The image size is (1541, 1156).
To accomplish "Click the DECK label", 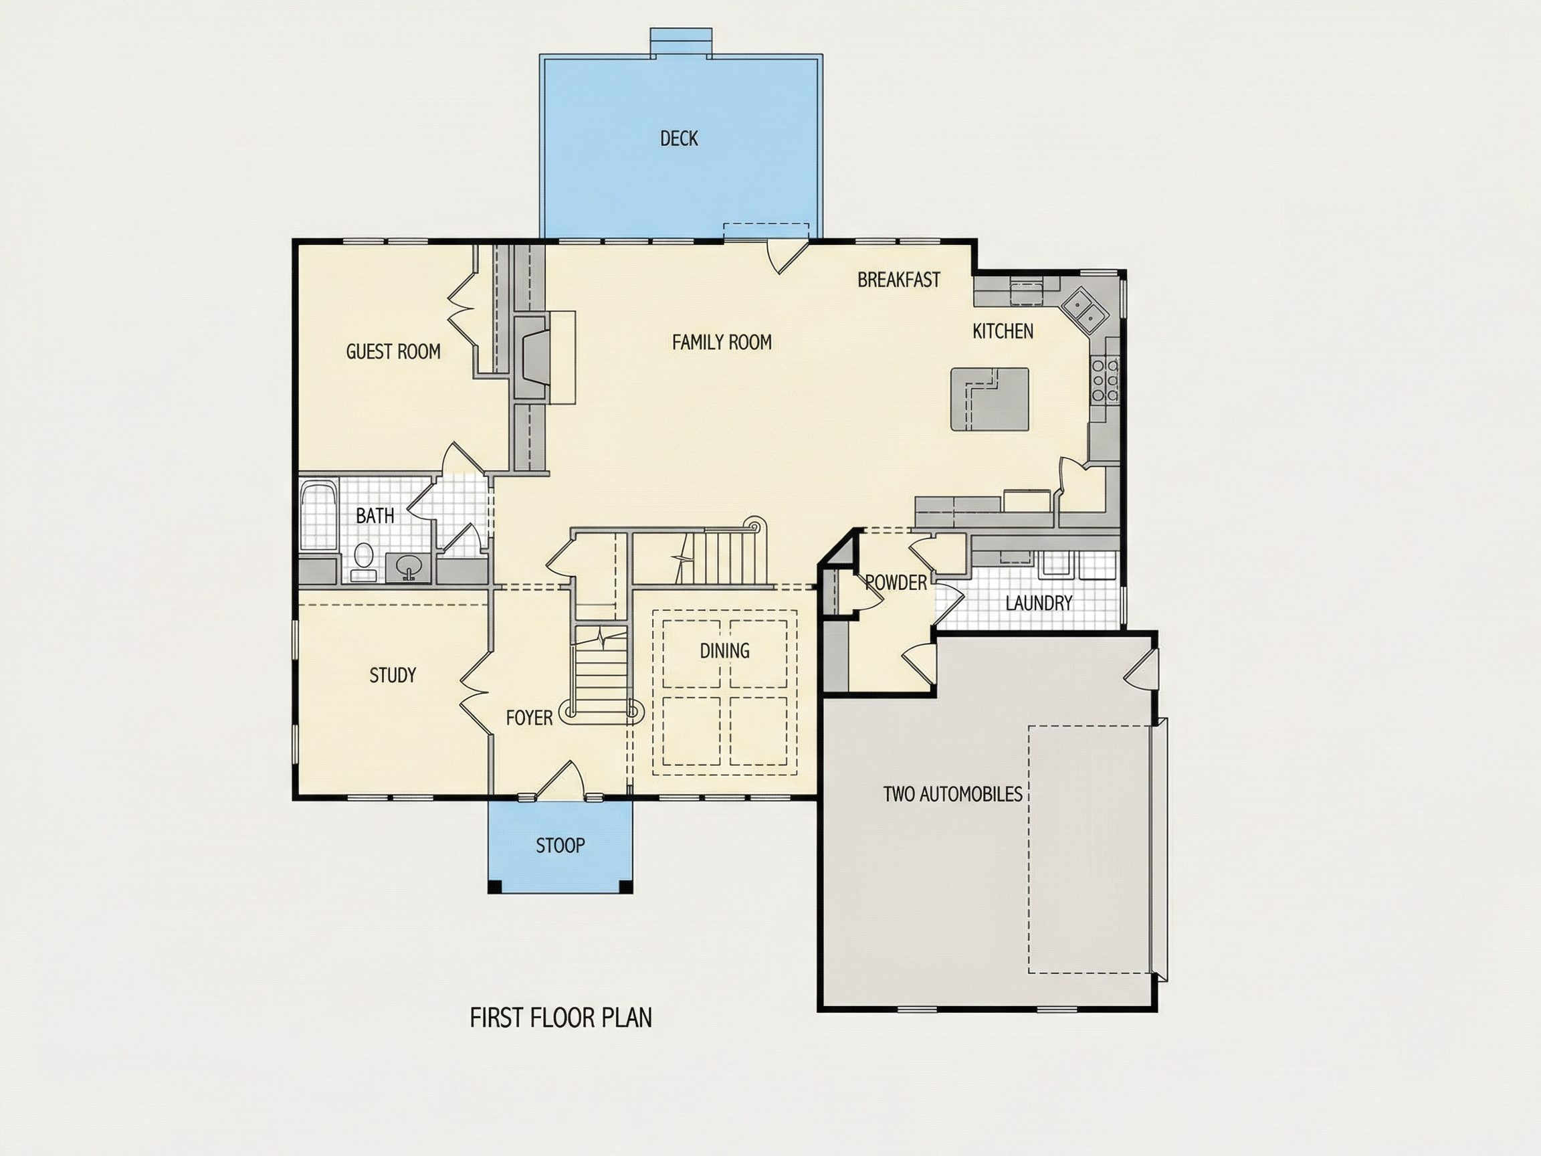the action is [x=679, y=138].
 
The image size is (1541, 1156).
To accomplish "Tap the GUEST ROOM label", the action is [x=393, y=351].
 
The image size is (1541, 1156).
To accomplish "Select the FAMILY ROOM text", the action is [x=722, y=342].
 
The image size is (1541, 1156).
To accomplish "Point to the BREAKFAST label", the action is [x=899, y=280].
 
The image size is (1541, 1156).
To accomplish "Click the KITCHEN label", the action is [x=1003, y=331].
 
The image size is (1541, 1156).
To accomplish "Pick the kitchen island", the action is [x=990, y=399].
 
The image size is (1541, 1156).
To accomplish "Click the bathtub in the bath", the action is [x=318, y=516].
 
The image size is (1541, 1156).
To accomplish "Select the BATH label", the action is [x=375, y=516].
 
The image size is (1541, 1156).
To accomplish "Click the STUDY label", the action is [x=392, y=674].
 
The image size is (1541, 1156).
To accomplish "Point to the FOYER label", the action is [x=529, y=717].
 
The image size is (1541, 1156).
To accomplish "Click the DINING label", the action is [x=724, y=650].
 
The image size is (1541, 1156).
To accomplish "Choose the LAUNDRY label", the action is [x=1038, y=603].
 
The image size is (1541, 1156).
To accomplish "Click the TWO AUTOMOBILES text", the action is [x=952, y=793].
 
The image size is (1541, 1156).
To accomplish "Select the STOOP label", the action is [x=560, y=845].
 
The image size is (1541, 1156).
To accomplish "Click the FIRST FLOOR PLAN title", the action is [x=560, y=1018].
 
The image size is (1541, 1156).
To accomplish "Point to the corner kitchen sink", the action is [x=1084, y=308].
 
